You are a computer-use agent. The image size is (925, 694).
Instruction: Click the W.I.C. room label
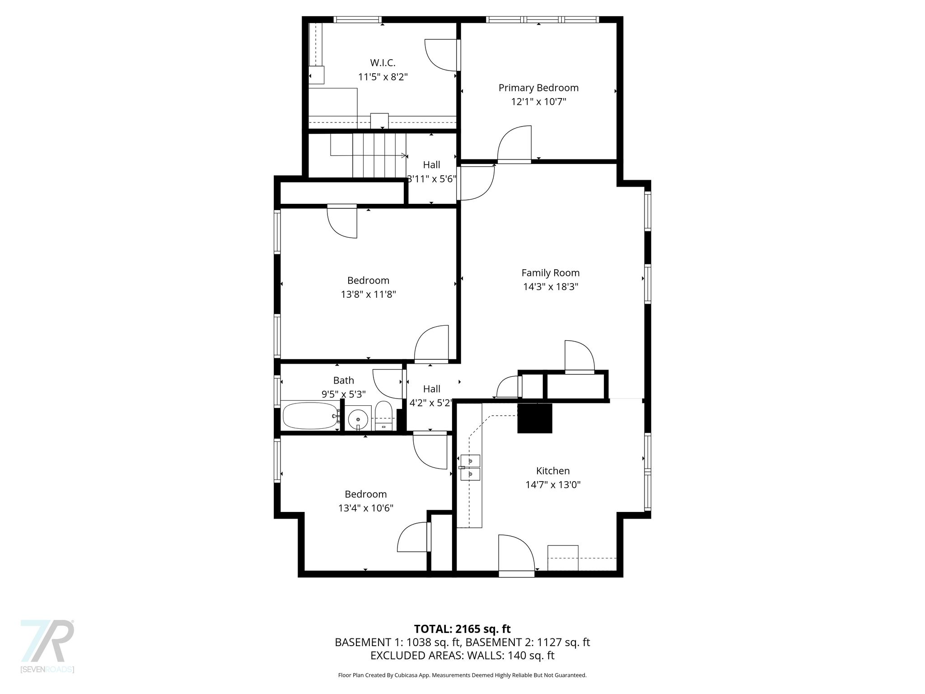click(x=383, y=63)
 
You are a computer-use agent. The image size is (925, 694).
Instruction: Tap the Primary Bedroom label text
click(x=538, y=88)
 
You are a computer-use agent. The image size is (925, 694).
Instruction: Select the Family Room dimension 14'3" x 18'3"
click(x=551, y=286)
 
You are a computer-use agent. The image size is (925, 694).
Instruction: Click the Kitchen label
click(x=553, y=471)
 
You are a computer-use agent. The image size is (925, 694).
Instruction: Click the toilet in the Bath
click(x=383, y=416)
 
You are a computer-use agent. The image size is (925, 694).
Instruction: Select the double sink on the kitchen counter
click(x=470, y=468)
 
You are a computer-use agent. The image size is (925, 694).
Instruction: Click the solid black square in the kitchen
click(x=535, y=418)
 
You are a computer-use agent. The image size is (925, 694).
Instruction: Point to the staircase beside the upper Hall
click(x=369, y=155)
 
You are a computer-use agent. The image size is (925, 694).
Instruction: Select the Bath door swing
click(x=388, y=384)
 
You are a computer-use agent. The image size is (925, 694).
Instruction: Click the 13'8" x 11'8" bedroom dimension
click(x=369, y=295)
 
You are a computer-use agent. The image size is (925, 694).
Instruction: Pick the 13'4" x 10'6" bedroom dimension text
click(x=366, y=508)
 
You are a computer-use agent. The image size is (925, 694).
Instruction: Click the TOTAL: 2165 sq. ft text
click(x=462, y=629)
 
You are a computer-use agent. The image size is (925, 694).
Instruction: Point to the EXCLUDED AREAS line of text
click(x=462, y=656)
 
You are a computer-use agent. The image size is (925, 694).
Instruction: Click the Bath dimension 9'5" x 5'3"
click(x=344, y=394)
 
